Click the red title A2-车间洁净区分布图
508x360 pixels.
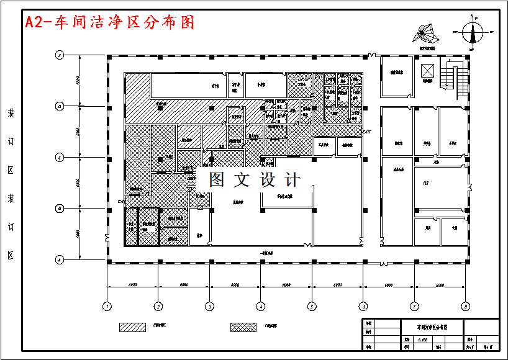[x=109, y=22]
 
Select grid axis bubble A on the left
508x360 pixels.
[x=60, y=259]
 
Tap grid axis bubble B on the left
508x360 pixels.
[x=60, y=208]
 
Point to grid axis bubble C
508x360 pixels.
[x=60, y=157]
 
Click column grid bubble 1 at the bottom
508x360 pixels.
[x=107, y=306]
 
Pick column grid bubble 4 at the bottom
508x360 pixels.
[x=261, y=306]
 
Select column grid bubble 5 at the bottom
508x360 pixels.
[x=312, y=306]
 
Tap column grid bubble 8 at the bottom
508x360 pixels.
[x=465, y=306]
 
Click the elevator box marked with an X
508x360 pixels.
[x=427, y=68]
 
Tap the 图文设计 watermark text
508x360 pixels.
[x=254, y=180]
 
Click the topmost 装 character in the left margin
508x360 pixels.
[x=11, y=114]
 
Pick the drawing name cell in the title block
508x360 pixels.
[x=432, y=326]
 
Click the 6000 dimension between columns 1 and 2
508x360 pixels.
[x=133, y=284]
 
